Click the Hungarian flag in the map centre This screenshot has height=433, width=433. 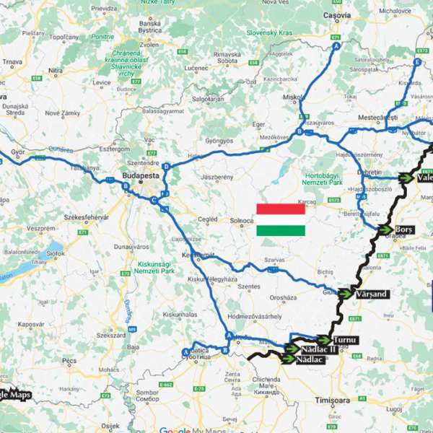coord(280,219)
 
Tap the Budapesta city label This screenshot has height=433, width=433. coord(140,175)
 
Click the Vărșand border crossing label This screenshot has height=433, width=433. coord(372,294)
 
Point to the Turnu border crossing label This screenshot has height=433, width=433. coord(346,339)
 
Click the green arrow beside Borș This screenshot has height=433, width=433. coord(387,229)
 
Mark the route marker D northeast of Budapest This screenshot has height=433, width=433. coord(166,167)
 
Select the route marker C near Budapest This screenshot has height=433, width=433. coord(154,201)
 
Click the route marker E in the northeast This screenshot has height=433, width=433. coord(417,63)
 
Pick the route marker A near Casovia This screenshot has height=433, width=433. coord(336,46)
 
